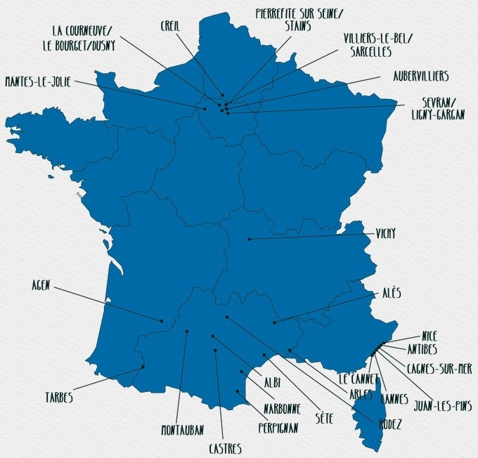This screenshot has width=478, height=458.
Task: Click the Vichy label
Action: click(386, 234)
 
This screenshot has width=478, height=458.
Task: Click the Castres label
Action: click(225, 447)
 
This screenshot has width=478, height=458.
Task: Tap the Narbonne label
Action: click(283, 407)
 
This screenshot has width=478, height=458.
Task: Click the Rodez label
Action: click(389, 424)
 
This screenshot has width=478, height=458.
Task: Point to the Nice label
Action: click(429, 336)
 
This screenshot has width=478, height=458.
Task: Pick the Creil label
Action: click(172, 25)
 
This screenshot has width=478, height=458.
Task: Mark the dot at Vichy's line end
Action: click(249, 240)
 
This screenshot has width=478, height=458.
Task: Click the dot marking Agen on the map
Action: click(162, 321)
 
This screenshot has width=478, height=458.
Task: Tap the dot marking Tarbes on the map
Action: click(143, 366)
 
